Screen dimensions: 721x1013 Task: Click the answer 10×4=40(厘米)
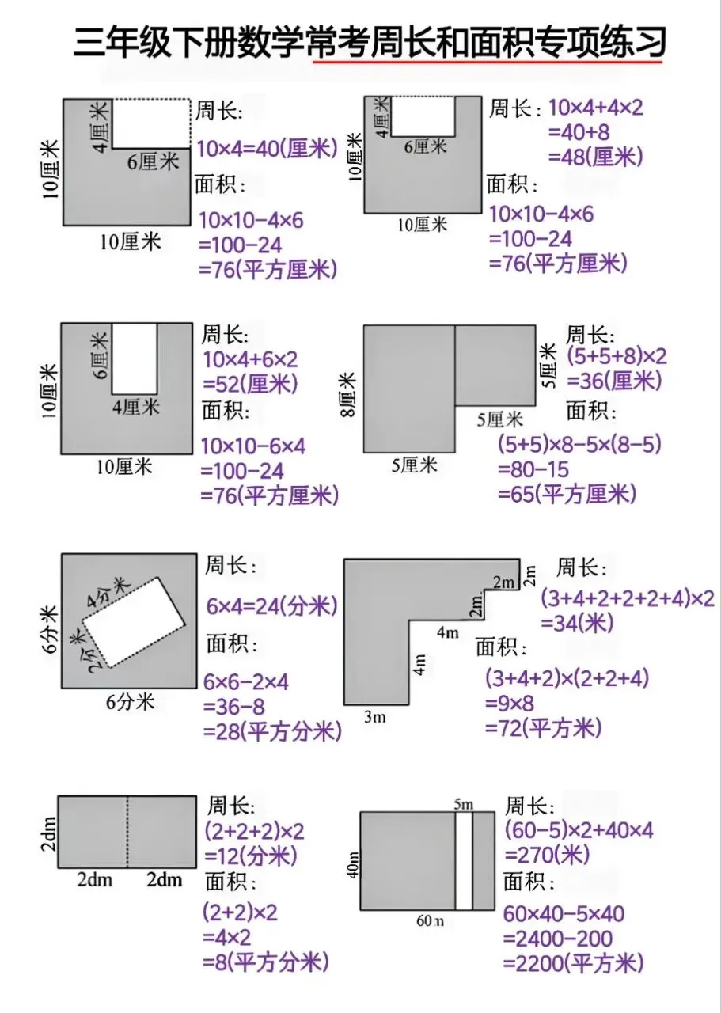tap(268, 148)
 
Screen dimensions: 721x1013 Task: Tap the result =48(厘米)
tap(595, 157)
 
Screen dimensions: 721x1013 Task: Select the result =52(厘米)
tap(250, 385)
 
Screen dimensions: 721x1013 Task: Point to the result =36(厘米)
tap(614, 381)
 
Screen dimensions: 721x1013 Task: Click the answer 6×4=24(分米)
tap(271, 606)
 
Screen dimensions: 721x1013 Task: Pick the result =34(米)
tap(577, 624)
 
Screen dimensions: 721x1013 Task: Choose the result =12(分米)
tap(251, 856)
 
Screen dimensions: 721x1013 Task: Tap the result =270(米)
tap(548, 855)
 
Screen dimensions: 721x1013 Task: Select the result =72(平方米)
tap(543, 728)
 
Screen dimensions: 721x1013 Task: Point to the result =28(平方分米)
tap(271, 731)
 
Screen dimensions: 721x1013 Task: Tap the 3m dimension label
tap(375, 717)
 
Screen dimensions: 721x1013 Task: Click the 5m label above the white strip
tap(464, 803)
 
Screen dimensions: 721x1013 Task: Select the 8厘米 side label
tap(349, 394)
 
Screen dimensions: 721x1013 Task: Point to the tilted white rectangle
tap(134, 622)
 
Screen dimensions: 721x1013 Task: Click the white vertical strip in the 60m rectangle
tap(464, 860)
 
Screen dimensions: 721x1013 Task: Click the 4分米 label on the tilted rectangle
tap(107, 591)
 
